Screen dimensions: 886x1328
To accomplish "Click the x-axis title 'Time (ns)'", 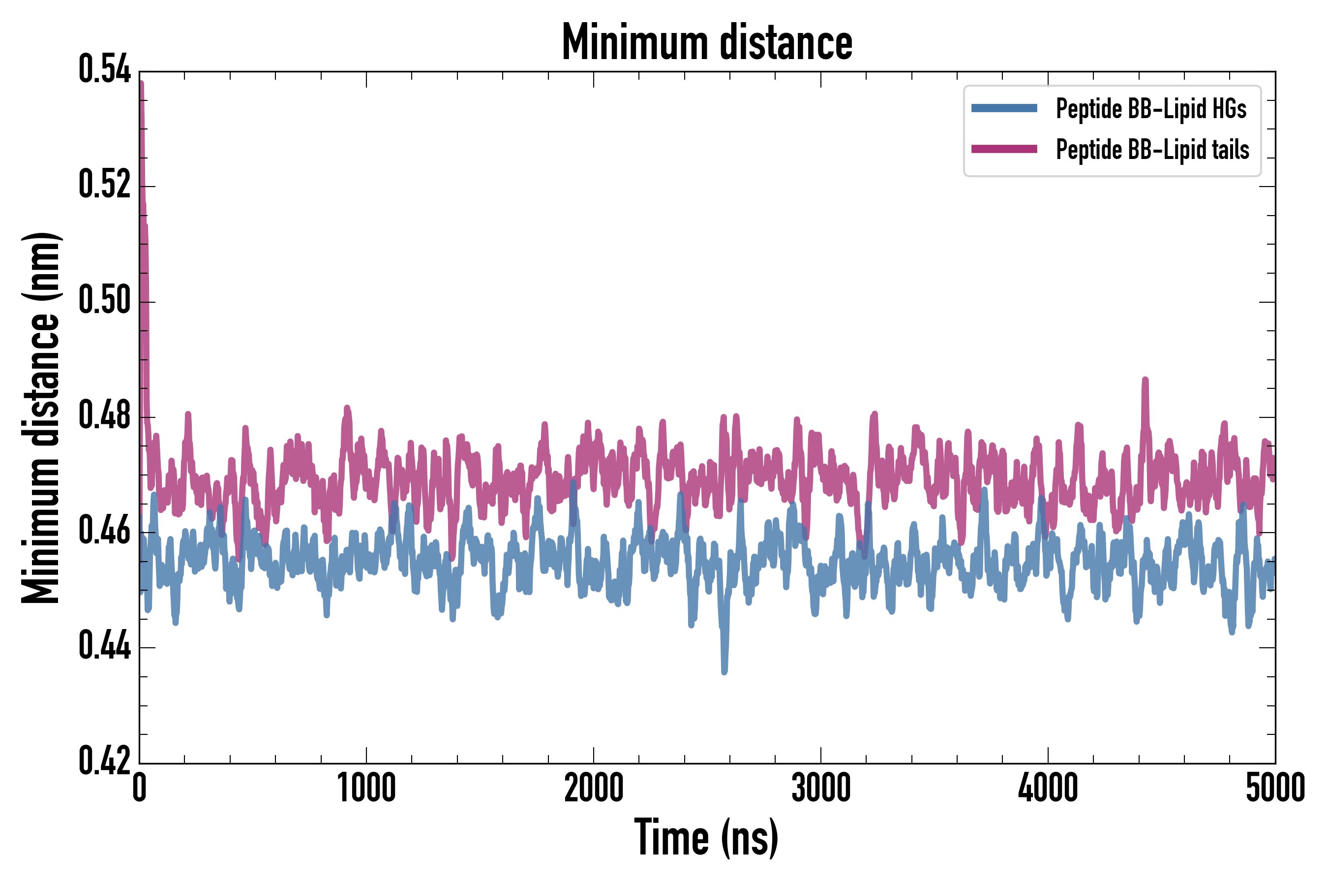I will [x=706, y=837].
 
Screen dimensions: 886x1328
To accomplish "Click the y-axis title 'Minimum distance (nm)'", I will [x=41, y=417].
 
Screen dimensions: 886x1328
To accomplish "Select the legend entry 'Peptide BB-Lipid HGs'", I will [x=1151, y=108].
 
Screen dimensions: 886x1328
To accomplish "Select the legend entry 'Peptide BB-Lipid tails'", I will [x=1152, y=150].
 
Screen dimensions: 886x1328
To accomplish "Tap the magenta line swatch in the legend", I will [x=1004, y=149].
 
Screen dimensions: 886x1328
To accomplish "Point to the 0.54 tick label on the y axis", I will [x=104, y=70].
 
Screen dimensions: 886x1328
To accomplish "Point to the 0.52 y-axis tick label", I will [x=104, y=186].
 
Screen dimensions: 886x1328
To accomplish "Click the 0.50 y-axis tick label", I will [x=104, y=301].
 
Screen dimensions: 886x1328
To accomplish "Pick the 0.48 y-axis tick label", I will [x=104, y=416].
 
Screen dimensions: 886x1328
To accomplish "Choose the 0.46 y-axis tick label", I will [x=104, y=531].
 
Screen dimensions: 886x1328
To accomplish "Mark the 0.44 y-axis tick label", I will [x=104, y=646].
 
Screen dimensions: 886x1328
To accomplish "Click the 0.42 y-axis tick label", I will [x=104, y=761].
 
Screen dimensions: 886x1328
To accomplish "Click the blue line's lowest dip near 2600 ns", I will [x=724, y=671].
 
